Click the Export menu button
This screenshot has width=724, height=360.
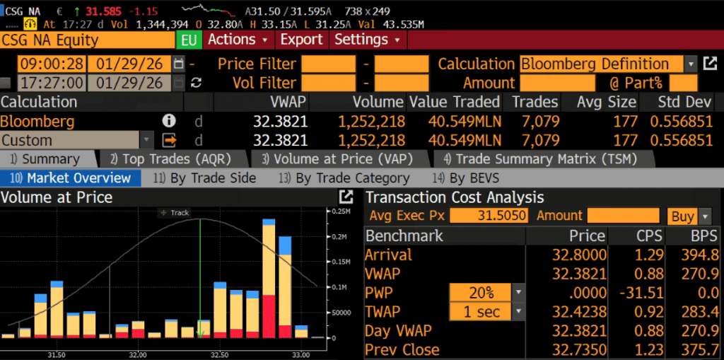click(x=301, y=40)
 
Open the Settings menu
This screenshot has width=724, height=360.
click(x=367, y=40)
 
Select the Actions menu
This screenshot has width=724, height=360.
click(x=238, y=40)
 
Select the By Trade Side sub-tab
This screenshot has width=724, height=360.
click(x=212, y=178)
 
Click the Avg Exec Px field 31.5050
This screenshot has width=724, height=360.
click(x=489, y=216)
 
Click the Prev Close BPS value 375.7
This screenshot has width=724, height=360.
click(x=698, y=350)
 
